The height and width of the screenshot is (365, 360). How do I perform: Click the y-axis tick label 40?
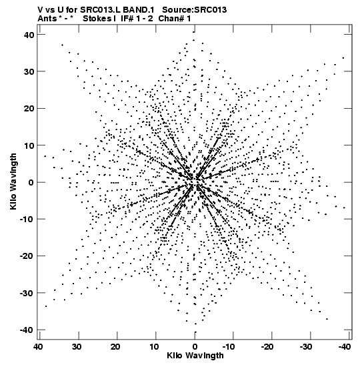click(x=29, y=35)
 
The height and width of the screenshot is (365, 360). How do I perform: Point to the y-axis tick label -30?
click(x=27, y=293)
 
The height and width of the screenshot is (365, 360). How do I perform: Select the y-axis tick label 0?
click(x=31, y=182)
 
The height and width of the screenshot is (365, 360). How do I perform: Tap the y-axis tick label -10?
click(x=27, y=220)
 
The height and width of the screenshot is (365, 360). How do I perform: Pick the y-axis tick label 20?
click(x=29, y=109)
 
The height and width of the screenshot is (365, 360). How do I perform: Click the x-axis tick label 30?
click(x=77, y=347)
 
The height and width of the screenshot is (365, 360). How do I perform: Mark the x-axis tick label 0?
click(x=195, y=347)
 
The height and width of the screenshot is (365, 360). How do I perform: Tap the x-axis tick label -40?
click(x=345, y=347)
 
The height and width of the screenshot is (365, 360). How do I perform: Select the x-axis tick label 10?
click(x=154, y=347)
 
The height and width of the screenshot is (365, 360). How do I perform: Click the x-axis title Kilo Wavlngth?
click(x=195, y=356)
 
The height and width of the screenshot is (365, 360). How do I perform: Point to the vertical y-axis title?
click(x=13, y=181)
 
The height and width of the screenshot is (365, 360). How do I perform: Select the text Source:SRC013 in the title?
click(x=194, y=10)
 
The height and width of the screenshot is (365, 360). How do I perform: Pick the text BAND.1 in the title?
click(x=139, y=10)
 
